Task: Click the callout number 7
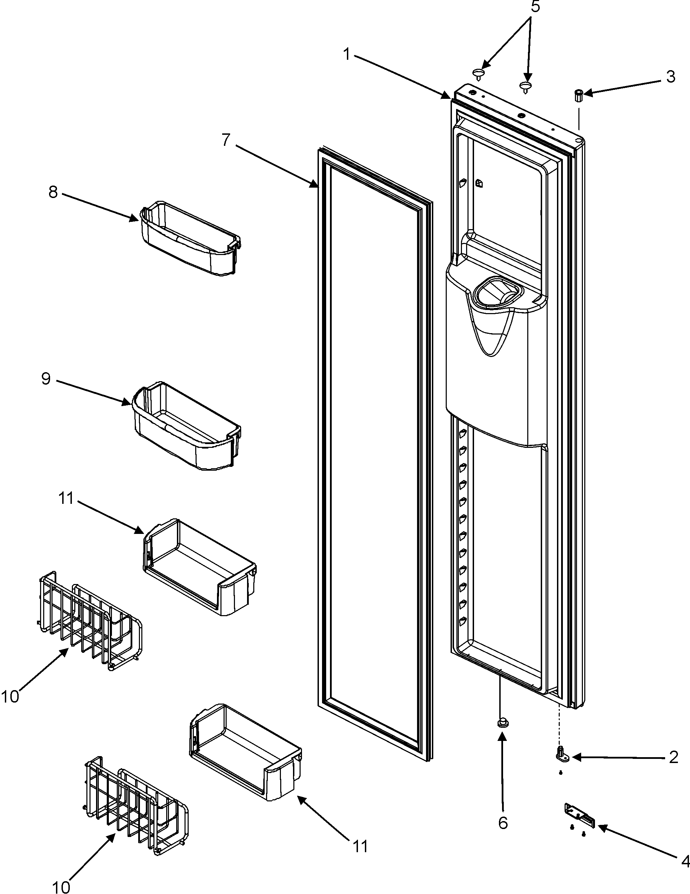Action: pos(226,140)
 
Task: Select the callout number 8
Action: pos(53,191)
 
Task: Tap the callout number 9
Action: pos(46,379)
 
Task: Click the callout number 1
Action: pos(347,54)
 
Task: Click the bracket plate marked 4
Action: pos(579,808)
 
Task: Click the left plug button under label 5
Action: pos(478,74)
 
